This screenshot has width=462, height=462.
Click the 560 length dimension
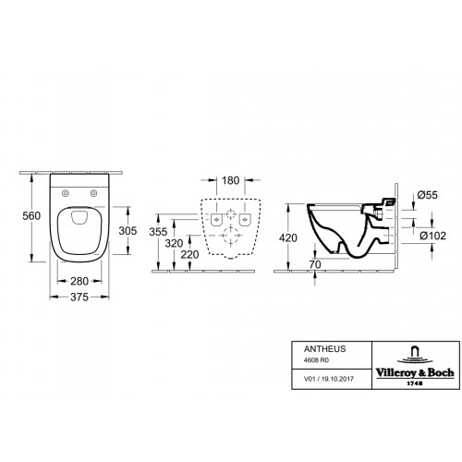tap(31, 216)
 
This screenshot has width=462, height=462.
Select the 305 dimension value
tap(128, 231)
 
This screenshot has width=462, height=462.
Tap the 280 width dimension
tap(79, 281)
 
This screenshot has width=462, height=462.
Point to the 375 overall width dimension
tap(79, 297)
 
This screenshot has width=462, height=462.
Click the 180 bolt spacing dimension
tap(230, 180)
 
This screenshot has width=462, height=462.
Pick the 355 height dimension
tap(158, 232)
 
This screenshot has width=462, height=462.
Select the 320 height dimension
tap(174, 244)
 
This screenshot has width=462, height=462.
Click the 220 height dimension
tap(189, 255)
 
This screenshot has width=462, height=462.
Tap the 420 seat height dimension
tap(288, 238)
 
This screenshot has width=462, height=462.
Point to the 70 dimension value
tap(315, 264)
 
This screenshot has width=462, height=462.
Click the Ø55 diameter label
tap(427, 195)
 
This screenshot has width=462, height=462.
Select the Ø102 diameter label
tap(432, 236)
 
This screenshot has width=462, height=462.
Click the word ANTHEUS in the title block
tap(325, 349)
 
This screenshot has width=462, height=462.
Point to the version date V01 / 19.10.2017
tap(329, 379)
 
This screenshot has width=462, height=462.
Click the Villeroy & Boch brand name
tap(415, 373)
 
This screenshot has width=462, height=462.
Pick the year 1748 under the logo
tap(415, 383)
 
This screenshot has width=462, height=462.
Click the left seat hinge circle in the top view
tap(66, 193)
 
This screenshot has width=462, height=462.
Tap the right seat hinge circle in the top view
tap(93, 193)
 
